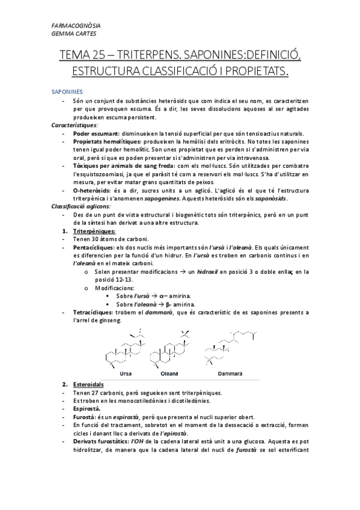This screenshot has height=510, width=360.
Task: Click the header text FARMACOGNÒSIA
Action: pyautogui.click(x=76, y=26)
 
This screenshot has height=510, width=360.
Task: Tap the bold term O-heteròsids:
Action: pyautogui.click(x=93, y=189)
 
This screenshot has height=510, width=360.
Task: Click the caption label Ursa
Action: pyautogui.click(x=126, y=373)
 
